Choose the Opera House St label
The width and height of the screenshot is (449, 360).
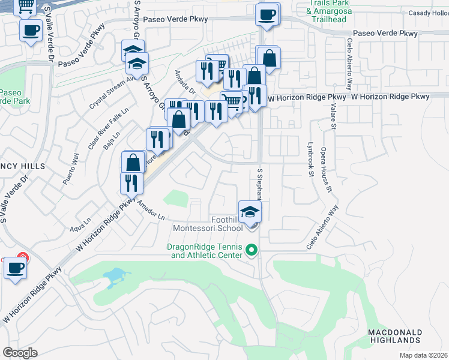click(x=326, y=169)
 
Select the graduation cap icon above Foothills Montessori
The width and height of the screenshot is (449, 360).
click(x=250, y=211)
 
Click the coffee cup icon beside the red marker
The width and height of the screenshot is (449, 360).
click(x=16, y=268)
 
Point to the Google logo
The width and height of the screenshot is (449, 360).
click(x=20, y=352)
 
